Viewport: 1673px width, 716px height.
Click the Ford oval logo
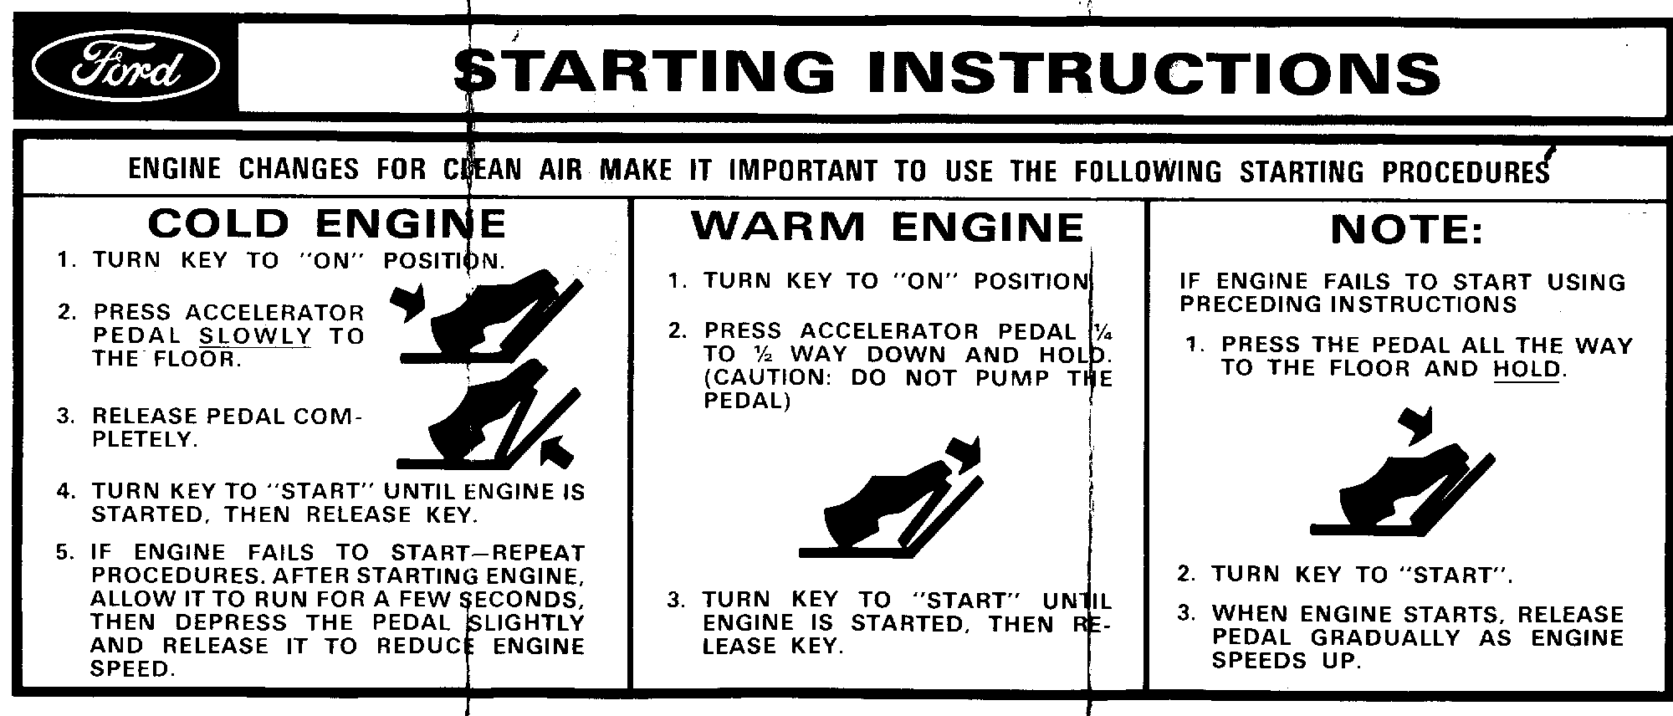125,69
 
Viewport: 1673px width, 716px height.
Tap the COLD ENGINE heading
327,223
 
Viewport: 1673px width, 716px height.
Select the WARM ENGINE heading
888,227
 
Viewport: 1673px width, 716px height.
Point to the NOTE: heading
1407,229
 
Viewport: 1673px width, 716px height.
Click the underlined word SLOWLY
255,336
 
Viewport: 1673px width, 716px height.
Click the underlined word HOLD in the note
1527,369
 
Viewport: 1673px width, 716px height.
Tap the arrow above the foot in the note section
1417,425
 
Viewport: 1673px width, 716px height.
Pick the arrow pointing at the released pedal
555,451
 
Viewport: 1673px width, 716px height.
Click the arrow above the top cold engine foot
407,302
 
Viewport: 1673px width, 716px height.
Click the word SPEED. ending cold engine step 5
134,669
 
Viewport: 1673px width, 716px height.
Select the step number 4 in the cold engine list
65,491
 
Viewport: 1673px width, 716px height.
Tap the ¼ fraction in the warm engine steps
1095,330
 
